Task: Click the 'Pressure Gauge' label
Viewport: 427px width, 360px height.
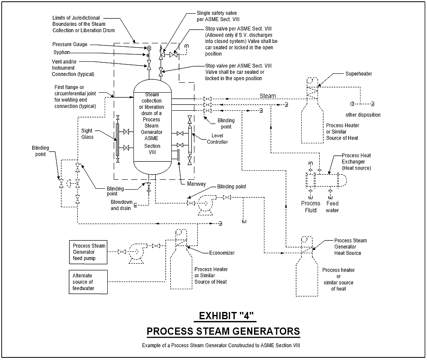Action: pos(70,44)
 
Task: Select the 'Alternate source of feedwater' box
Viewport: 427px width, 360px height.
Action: pos(87,281)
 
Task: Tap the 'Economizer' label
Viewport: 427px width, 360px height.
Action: pos(222,253)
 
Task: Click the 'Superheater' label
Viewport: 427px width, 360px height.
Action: pos(358,74)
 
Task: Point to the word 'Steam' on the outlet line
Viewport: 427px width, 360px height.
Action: pos(268,96)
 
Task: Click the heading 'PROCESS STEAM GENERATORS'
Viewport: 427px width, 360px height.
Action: pos(223,332)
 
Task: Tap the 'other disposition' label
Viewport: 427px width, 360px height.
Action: pos(363,115)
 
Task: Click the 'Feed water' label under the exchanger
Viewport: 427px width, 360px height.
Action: pos(332,206)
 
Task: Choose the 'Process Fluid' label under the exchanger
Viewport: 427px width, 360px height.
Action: pos(310,206)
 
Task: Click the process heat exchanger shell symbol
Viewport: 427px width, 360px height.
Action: pos(326,179)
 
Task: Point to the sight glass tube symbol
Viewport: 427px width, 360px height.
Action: pos(117,139)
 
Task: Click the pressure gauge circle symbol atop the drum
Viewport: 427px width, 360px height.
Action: pos(149,48)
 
